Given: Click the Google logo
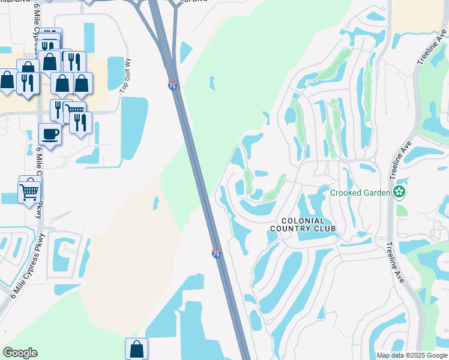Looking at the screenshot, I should (x=20, y=353).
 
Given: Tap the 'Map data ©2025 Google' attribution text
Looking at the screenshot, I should (x=411, y=355).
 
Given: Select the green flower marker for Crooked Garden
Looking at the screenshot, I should (x=399, y=192).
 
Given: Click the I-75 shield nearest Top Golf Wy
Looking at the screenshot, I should (x=172, y=86).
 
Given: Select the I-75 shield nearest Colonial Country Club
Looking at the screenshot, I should (x=216, y=254).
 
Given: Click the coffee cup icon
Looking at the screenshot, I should (x=50, y=133).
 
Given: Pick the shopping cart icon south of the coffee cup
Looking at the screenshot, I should (x=29, y=193).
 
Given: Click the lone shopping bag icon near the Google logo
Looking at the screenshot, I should (x=136, y=348).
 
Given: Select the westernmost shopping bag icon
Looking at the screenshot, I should (x=8, y=80).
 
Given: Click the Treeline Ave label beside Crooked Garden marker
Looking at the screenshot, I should (x=396, y=161).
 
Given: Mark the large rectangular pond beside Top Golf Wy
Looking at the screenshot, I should (x=134, y=128).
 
